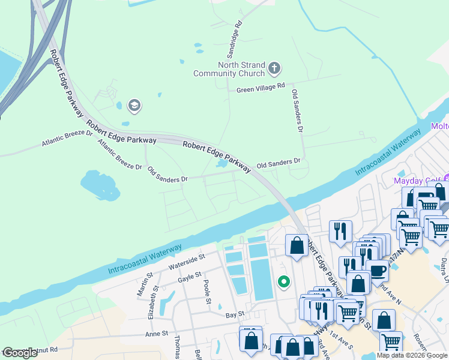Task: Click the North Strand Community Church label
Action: click(x=229, y=69)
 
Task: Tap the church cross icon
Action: click(x=274, y=68)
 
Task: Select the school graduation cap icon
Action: click(x=133, y=106)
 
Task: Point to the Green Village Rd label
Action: click(x=260, y=87)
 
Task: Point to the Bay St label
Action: click(x=235, y=314)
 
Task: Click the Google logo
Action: click(x=20, y=353)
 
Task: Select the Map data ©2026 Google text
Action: click(x=412, y=355)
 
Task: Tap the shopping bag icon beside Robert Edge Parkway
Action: click(x=297, y=245)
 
